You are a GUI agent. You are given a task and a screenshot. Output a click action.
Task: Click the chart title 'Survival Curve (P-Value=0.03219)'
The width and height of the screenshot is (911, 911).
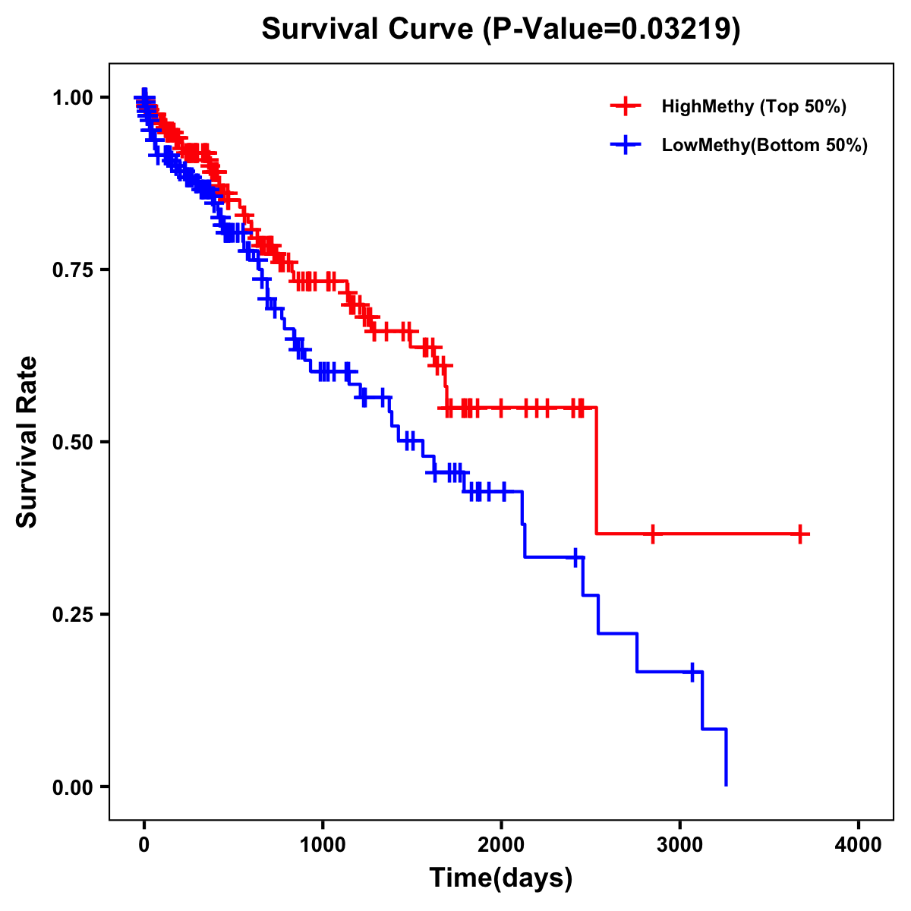(x=500, y=29)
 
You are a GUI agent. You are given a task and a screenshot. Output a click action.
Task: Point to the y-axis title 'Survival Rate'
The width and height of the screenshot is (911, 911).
(x=27, y=441)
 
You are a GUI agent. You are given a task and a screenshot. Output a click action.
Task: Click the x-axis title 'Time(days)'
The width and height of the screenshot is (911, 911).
(x=500, y=878)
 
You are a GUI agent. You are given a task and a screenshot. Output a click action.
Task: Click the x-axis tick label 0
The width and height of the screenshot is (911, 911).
(x=144, y=844)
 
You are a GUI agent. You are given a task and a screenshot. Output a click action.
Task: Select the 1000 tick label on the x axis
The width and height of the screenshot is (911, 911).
(x=323, y=844)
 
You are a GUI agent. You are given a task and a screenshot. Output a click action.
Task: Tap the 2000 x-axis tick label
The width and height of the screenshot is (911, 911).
(x=501, y=844)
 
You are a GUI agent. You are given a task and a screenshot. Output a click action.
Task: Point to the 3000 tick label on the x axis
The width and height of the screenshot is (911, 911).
(x=679, y=844)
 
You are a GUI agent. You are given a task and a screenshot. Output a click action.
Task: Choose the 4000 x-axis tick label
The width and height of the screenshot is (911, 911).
(x=859, y=844)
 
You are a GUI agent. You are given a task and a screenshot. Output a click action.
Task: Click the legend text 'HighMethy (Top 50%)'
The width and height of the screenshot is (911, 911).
(x=754, y=106)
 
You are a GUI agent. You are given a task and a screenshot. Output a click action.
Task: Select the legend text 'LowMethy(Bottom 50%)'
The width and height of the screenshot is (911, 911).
(x=764, y=146)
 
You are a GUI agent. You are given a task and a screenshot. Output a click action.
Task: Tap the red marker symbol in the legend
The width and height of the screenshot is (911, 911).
(x=626, y=106)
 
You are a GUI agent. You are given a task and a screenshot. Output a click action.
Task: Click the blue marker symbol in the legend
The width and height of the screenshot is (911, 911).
(x=626, y=145)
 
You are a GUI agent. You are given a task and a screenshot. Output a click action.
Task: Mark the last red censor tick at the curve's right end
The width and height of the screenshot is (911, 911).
(x=799, y=534)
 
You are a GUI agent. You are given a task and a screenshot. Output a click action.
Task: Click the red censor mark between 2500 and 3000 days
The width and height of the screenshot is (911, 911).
(x=652, y=534)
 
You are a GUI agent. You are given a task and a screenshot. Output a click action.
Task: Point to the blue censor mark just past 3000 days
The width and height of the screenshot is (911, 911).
(x=692, y=672)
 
